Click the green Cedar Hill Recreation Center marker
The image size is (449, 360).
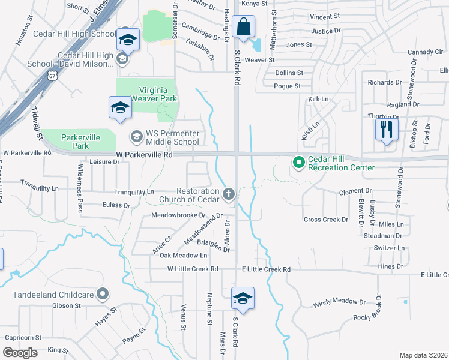click(297, 163)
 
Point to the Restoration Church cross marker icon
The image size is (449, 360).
click(228, 194)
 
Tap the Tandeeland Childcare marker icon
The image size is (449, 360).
click(103, 294)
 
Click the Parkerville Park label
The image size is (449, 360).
click(80, 142)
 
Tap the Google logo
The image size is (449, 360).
click(20, 353)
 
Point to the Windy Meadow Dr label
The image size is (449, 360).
click(339, 304)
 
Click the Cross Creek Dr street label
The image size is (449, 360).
click(326, 220)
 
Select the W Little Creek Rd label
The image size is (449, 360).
click(193, 269)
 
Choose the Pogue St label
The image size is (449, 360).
click(287, 86)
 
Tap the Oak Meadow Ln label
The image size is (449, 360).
click(183, 256)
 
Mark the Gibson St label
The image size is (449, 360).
click(66, 306)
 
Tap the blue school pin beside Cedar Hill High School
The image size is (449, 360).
click(127, 39)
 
